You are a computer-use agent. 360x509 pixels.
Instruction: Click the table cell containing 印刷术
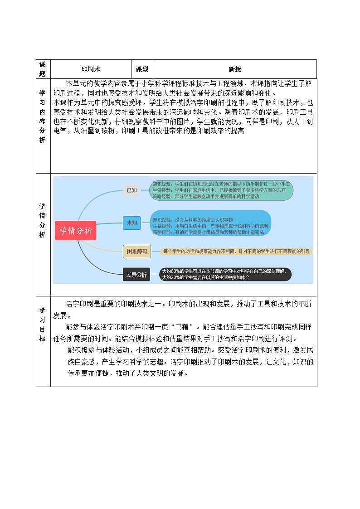[x=91, y=69]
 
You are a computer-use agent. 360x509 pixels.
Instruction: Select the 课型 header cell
[x=142, y=69]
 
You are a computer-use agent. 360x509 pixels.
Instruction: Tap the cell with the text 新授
[x=235, y=69]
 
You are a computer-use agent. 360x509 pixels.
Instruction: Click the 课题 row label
[x=43, y=69]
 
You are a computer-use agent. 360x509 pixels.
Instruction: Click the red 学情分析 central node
[x=76, y=231]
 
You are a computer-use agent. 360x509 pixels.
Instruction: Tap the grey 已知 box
[x=131, y=190]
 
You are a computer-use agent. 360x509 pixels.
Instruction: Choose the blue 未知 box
[x=131, y=223]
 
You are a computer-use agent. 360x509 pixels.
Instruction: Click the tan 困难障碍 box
[x=136, y=252]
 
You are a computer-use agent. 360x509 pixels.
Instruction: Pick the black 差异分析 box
[x=136, y=274]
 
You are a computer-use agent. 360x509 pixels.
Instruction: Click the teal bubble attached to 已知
[x=222, y=190]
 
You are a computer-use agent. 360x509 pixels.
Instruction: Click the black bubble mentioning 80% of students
[x=226, y=274]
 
